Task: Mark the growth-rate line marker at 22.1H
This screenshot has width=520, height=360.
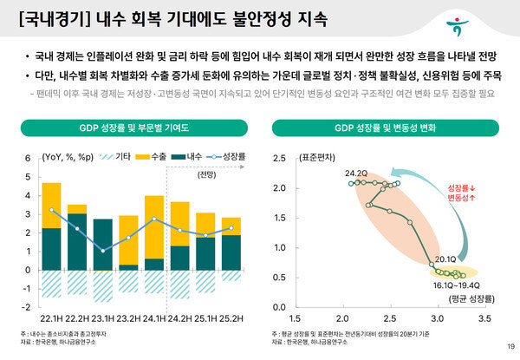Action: click(52, 210)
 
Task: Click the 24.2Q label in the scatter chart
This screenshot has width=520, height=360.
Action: click(356, 173)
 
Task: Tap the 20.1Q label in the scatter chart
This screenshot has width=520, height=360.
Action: click(445, 259)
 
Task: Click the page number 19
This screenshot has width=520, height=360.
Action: click(508, 348)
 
